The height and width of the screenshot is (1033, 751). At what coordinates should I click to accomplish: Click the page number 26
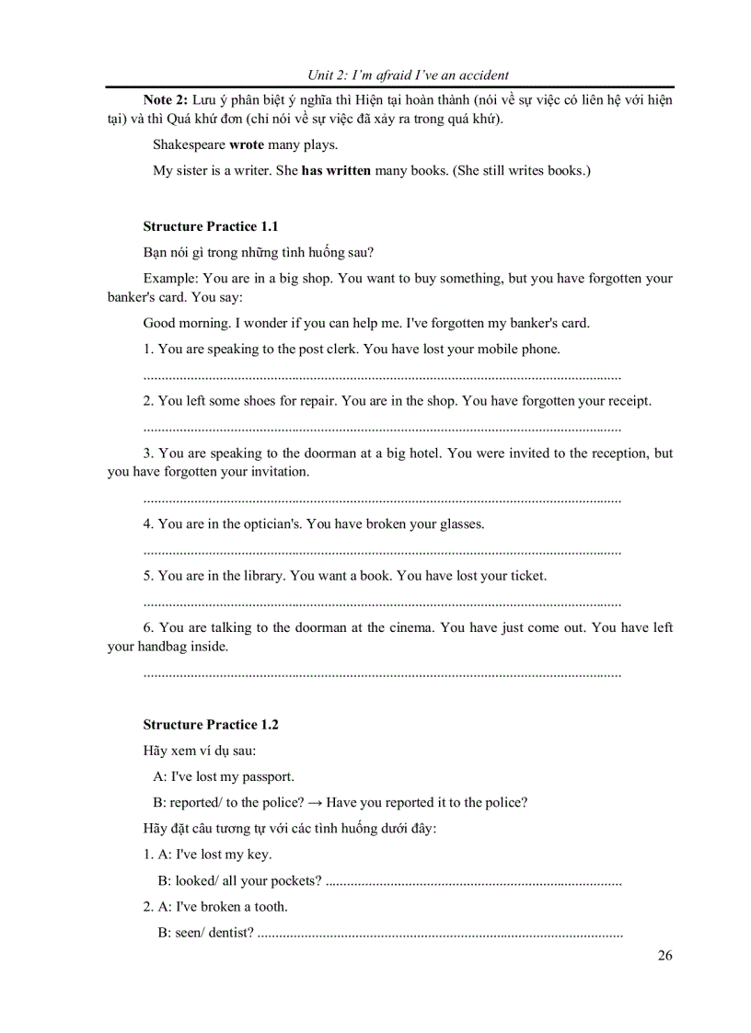coord(664,955)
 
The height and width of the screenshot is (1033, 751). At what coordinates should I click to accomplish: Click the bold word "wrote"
coord(246,144)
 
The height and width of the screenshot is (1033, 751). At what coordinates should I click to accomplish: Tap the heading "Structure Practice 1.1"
coord(211,226)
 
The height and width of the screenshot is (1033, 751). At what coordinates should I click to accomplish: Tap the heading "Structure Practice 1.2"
coord(211,724)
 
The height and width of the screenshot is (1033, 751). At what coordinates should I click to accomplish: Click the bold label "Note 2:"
coord(166,99)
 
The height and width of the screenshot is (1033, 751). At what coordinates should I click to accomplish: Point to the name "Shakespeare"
coord(189,144)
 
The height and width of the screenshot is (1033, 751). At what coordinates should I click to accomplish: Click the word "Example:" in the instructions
coord(171,278)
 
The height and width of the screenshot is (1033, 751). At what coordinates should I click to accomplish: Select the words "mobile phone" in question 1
coord(520,349)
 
